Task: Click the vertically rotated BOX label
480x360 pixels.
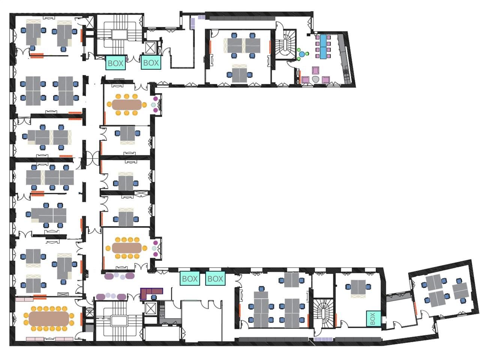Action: click(x=373, y=318)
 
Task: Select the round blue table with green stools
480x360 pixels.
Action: click(x=302, y=54)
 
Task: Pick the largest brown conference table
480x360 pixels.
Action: click(x=49, y=319)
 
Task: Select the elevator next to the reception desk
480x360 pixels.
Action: click(x=150, y=309)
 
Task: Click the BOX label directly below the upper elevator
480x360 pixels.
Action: click(x=151, y=63)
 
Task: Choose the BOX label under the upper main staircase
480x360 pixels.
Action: click(x=115, y=63)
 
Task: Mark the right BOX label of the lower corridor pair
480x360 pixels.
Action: click(x=215, y=279)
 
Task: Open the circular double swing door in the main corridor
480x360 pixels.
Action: click(x=92, y=158)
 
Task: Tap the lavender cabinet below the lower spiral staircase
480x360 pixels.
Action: click(x=323, y=339)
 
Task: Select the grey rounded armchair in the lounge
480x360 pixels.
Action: click(x=315, y=79)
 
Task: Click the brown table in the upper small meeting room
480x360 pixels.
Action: click(x=126, y=104)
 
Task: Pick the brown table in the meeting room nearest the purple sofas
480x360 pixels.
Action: click(x=126, y=247)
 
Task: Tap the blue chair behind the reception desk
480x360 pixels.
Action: click(x=154, y=297)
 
